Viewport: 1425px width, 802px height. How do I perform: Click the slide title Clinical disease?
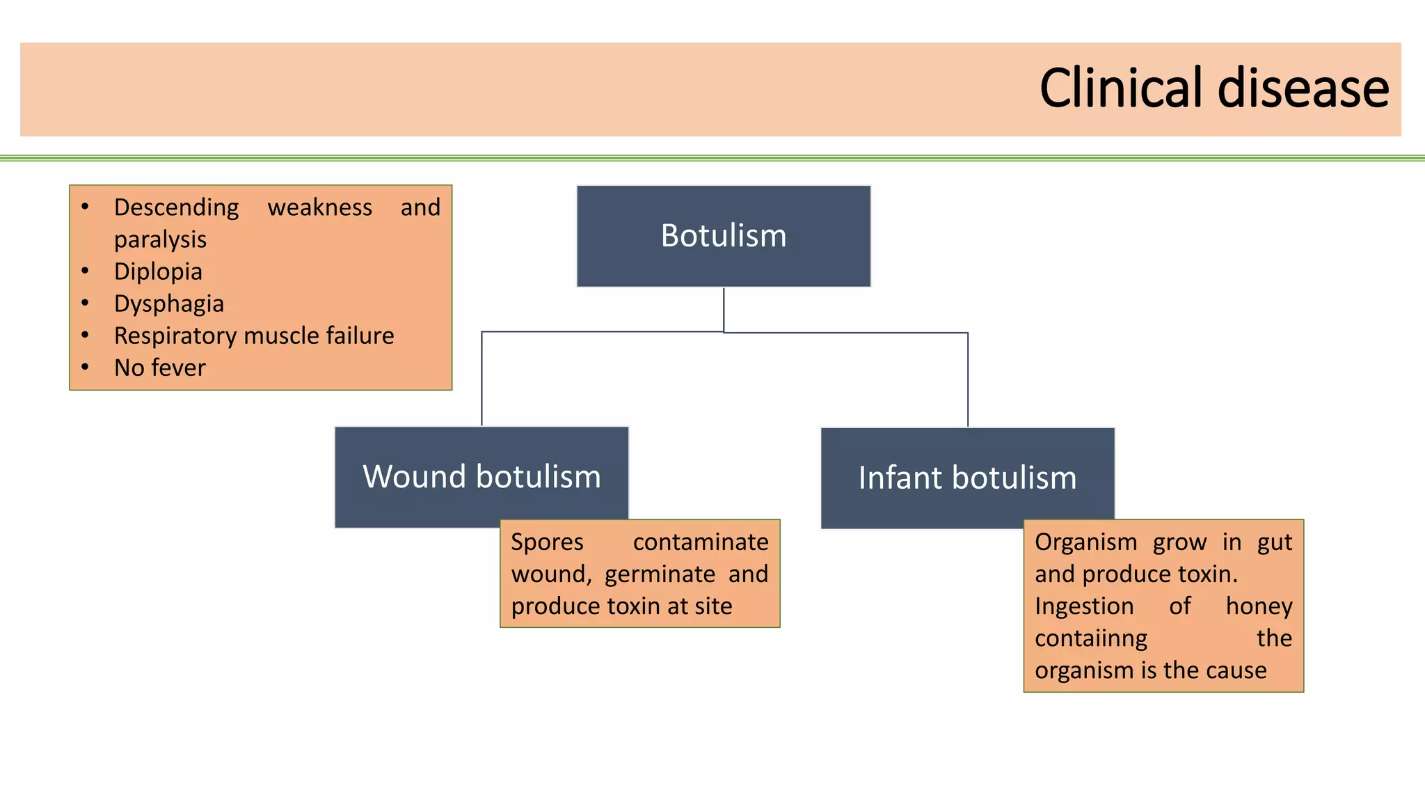(x=1214, y=88)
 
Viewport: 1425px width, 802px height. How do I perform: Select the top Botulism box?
(x=724, y=236)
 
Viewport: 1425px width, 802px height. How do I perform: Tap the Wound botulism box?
(x=481, y=478)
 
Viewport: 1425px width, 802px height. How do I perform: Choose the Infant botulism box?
(x=968, y=478)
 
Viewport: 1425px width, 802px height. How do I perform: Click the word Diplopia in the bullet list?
(x=158, y=272)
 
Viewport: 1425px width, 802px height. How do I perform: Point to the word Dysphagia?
(x=169, y=304)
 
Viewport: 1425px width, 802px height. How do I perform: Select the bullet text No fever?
(x=160, y=368)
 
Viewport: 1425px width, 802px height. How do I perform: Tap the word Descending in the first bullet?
(x=177, y=208)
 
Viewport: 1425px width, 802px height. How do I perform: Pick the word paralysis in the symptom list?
(x=160, y=240)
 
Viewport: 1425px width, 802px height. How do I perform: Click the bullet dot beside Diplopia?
(x=85, y=271)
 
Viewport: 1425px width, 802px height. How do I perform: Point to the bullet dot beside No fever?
(x=85, y=367)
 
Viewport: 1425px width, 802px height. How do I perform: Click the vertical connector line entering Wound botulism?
(x=481, y=379)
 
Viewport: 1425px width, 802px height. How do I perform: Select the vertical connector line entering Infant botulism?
(x=968, y=380)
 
